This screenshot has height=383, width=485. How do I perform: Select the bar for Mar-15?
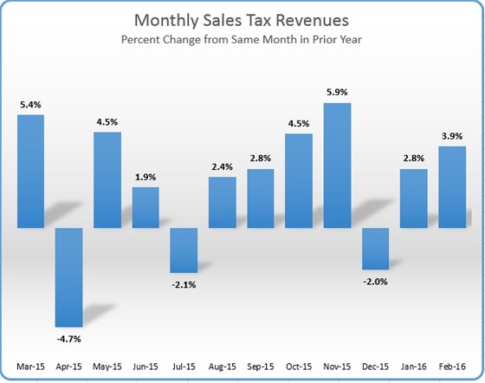click(x=30, y=171)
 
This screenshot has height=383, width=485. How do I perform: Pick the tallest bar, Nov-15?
click(x=337, y=166)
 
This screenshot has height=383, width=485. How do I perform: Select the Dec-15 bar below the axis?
click(x=375, y=249)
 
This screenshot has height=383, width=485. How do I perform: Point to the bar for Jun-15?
click(x=145, y=207)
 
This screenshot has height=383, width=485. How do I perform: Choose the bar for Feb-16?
click(x=452, y=186)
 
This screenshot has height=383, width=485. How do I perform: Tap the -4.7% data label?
click(x=68, y=339)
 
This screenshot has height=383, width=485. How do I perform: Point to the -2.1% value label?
click(x=184, y=285)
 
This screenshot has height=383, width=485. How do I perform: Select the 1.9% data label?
click(x=145, y=178)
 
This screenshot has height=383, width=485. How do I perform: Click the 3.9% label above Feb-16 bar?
click(x=452, y=136)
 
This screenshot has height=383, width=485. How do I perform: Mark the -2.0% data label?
click(x=375, y=282)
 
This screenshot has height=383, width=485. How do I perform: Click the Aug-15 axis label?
click(x=222, y=366)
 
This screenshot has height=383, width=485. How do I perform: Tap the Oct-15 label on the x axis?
click(x=299, y=366)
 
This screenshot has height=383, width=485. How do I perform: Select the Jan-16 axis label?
click(x=414, y=366)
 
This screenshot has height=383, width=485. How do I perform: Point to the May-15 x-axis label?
click(x=107, y=366)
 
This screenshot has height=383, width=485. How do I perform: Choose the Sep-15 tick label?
click(x=260, y=366)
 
